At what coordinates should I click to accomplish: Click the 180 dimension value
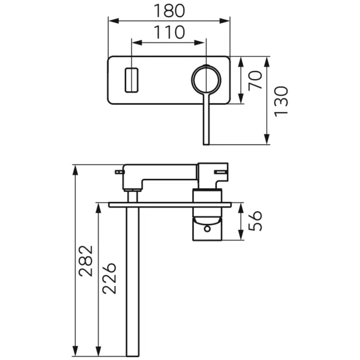pyautogui.click(x=169, y=11)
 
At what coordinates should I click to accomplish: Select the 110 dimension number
pyautogui.click(x=169, y=32)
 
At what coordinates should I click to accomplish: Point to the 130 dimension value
pyautogui.click(x=281, y=102)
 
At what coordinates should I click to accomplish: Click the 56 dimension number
pyautogui.click(x=255, y=221)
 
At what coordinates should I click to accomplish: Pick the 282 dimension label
pyautogui.click(x=86, y=261)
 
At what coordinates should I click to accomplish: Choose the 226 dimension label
pyautogui.click(x=109, y=279)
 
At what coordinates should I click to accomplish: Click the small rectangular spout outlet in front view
pyautogui.click(x=131, y=80)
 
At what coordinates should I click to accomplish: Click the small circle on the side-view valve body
pyautogui.click(x=207, y=229)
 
